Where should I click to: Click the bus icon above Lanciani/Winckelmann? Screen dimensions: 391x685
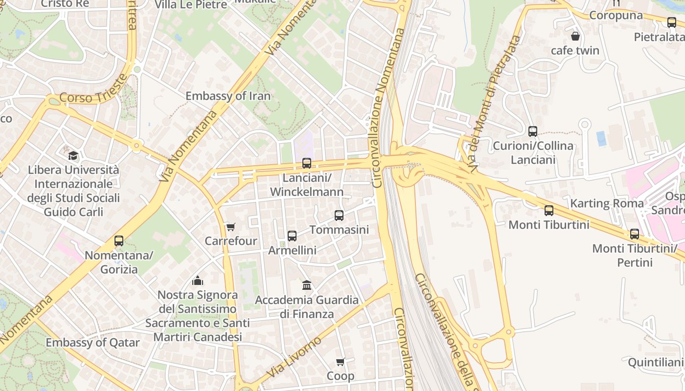point(307,163)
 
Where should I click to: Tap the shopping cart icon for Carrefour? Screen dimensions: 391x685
point(230,227)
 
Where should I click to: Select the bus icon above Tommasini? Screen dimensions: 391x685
point(339,215)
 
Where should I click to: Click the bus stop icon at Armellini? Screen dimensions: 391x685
point(292,236)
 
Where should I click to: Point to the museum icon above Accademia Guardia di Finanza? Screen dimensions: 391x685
point(307,285)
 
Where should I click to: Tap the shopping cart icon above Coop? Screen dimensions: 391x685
point(341,362)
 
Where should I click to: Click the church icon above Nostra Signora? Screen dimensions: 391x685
point(198,281)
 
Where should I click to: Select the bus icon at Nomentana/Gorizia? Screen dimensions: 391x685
point(119,241)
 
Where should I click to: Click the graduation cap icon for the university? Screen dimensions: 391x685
point(73,156)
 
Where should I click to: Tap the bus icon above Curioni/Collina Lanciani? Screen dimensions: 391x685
point(533,131)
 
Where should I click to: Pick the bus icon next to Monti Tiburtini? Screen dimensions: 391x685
point(549,211)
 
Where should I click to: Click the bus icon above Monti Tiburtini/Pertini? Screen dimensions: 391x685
point(635,234)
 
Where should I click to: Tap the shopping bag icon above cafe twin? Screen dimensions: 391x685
point(575,36)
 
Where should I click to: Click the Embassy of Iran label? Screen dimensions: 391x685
point(228,96)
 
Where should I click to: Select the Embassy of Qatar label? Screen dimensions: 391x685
point(93,343)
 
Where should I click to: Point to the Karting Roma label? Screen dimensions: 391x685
point(607,203)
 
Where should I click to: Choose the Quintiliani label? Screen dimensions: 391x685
point(655,362)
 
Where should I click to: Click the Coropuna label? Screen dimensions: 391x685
point(616,15)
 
